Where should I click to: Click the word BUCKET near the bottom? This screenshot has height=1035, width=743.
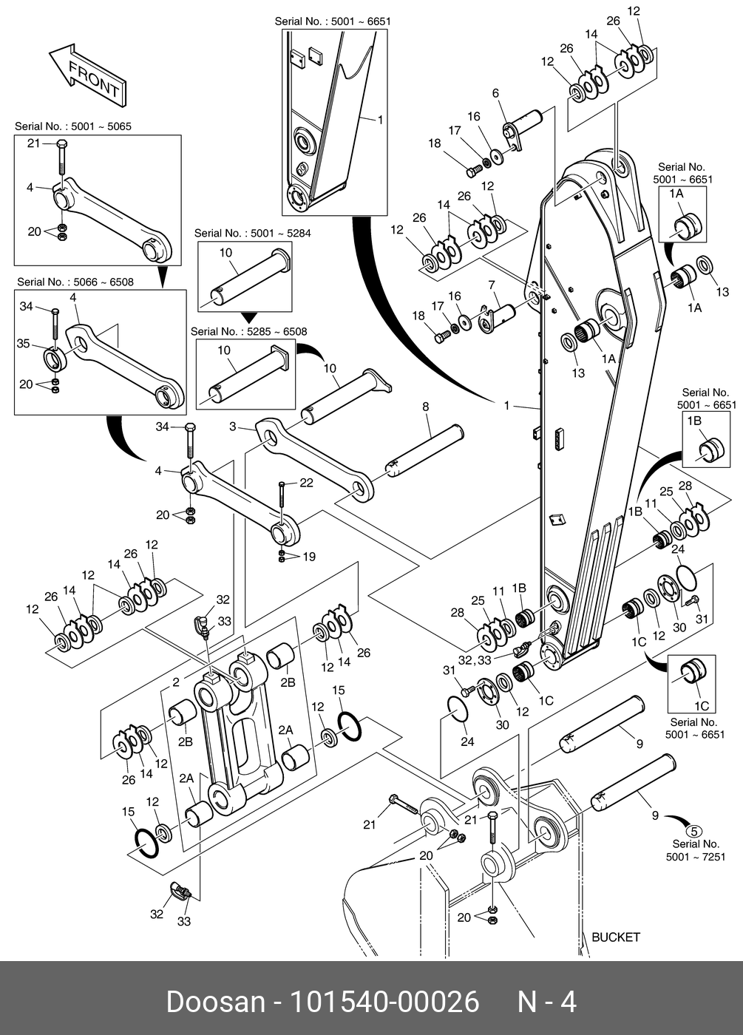[616, 937]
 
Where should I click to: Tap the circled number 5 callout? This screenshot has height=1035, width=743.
[693, 832]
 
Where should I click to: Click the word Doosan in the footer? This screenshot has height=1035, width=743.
[216, 1002]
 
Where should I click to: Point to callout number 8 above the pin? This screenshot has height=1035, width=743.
[425, 407]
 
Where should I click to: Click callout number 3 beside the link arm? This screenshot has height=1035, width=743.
[233, 426]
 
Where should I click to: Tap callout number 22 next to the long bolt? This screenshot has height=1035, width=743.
[306, 482]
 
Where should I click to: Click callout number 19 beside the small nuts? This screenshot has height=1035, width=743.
[309, 556]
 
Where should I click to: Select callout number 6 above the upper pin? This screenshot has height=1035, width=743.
[495, 93]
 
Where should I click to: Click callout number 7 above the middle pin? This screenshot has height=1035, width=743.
[491, 285]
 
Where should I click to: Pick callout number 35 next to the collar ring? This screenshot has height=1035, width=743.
[23, 343]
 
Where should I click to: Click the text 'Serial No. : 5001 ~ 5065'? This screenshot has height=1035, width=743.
[73, 126]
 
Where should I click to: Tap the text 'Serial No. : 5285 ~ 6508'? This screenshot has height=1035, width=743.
[248, 331]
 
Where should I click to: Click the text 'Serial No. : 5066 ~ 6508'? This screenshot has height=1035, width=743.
[75, 282]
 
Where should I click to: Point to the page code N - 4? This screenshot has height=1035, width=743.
[546, 1002]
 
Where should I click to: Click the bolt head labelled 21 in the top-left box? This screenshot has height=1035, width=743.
[62, 143]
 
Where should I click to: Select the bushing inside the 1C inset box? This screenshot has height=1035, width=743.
[693, 672]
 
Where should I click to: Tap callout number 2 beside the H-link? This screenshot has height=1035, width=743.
[176, 682]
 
